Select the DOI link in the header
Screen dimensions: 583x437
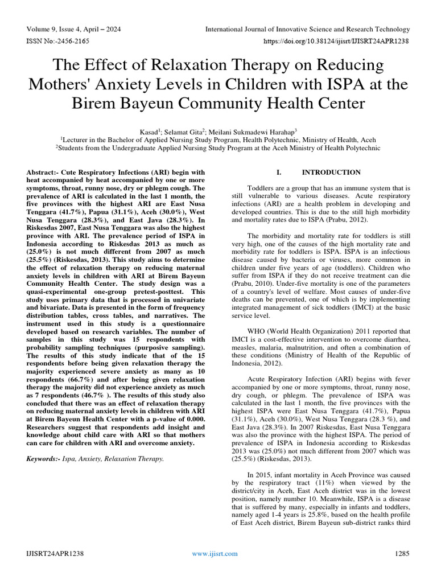click(337, 42)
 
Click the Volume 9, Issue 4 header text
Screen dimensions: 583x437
click(73, 29)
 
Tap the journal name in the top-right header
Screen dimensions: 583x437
click(307, 29)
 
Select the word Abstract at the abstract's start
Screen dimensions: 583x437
click(43, 172)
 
